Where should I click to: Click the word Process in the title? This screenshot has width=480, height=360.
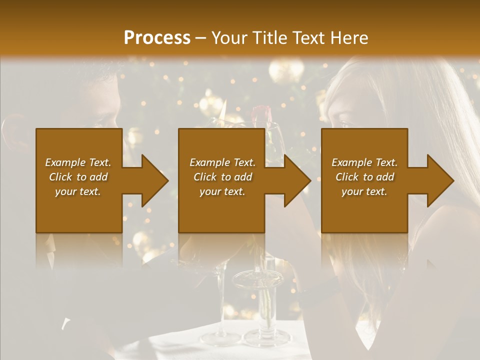point(157,38)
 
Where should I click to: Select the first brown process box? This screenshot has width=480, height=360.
point(79,215)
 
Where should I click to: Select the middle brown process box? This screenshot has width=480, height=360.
point(221,215)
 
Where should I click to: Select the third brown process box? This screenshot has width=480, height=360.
point(364,215)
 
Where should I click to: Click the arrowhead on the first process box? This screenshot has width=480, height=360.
point(153,180)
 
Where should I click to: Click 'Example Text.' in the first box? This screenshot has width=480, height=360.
point(78,162)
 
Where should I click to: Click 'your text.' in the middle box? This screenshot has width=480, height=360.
point(222,191)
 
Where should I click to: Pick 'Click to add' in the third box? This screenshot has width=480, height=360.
point(364,177)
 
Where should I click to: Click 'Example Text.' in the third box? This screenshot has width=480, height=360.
point(364,162)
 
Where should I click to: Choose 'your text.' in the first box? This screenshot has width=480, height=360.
point(78,191)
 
